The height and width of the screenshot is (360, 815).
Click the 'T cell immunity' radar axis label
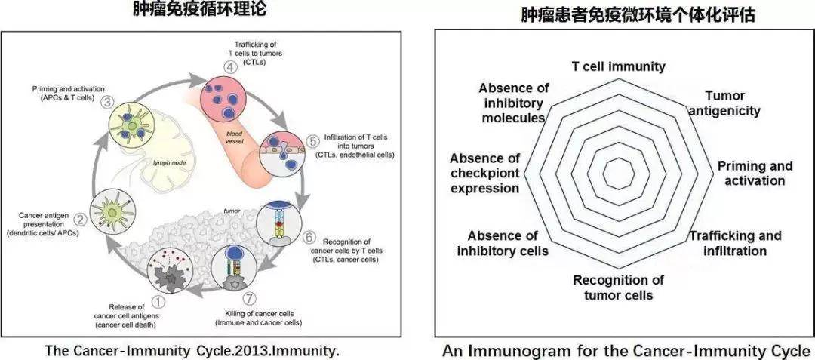coord(618,66)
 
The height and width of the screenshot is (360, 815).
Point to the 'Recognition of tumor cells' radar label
coord(618,288)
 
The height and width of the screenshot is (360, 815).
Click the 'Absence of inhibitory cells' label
coord(503,243)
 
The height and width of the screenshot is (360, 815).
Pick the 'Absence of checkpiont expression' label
coord(484,173)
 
